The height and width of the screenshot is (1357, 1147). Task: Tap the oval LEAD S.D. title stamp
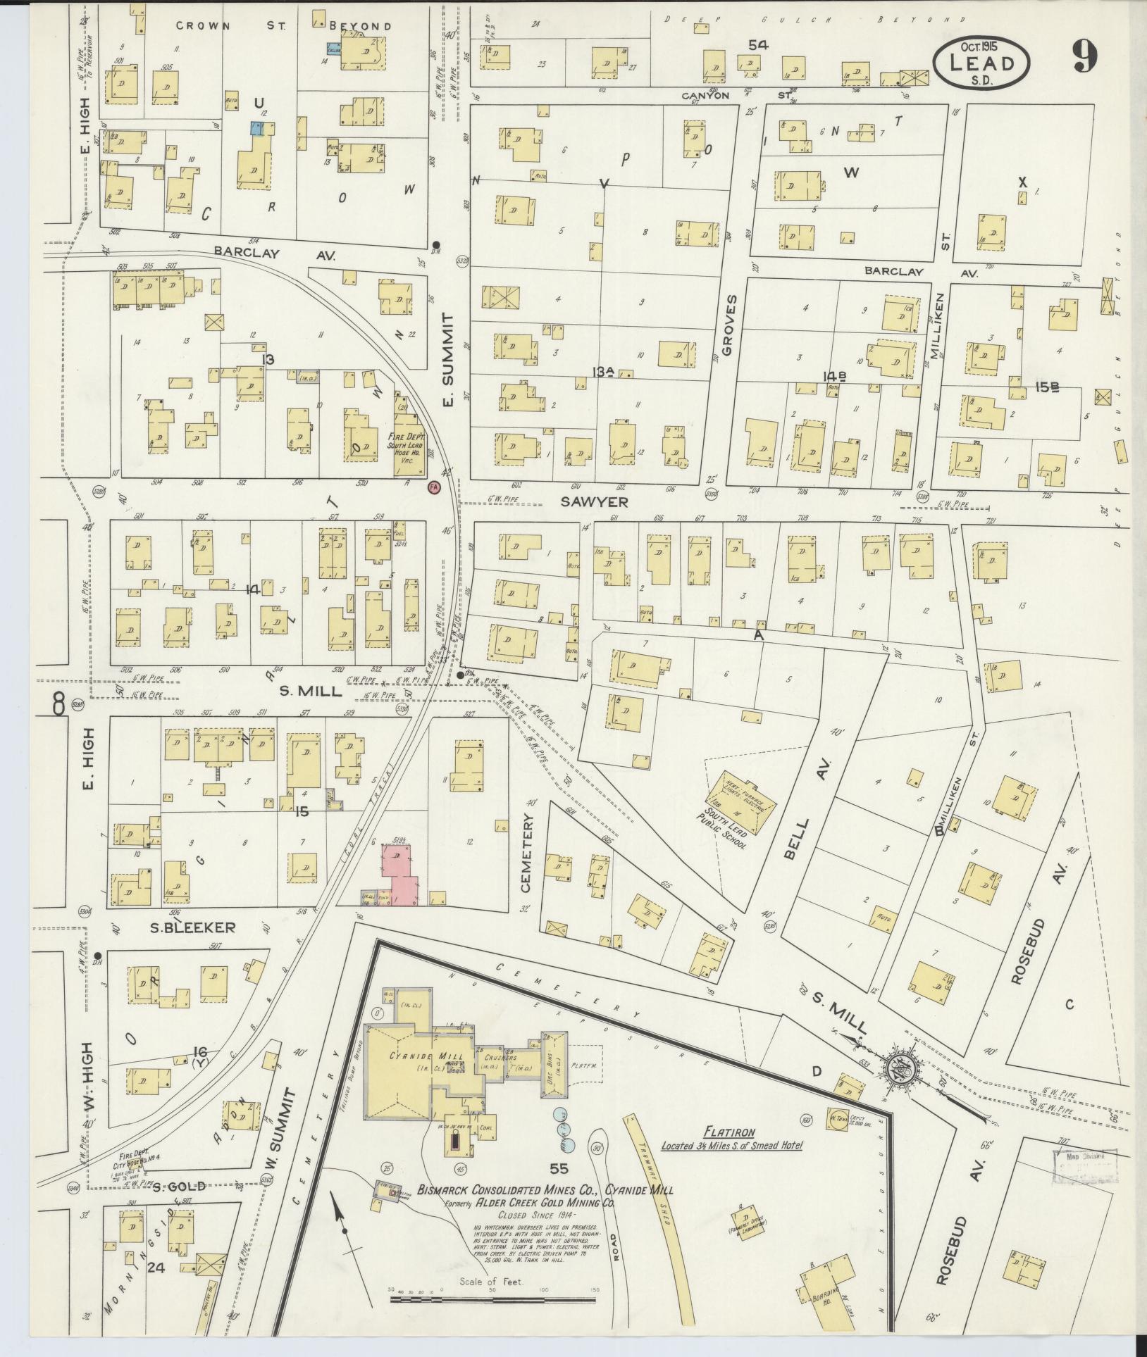click(981, 63)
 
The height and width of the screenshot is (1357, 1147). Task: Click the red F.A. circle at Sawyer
click(434, 487)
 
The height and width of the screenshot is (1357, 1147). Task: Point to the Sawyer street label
click(585, 502)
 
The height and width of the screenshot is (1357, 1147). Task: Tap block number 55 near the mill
click(559, 1169)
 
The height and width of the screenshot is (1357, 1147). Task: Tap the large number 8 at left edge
click(58, 704)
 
